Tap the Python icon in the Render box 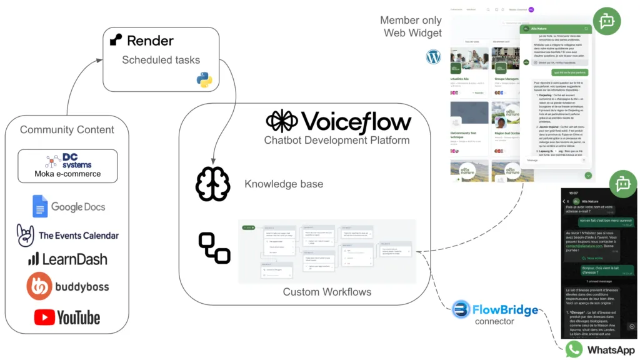pyautogui.click(x=204, y=80)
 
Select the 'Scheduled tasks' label pyautogui.click(x=161, y=61)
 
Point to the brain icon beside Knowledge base pyautogui.click(x=212, y=184)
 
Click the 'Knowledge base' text pyautogui.click(x=284, y=184)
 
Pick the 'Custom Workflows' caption pyautogui.click(x=327, y=292)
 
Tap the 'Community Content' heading pyautogui.click(x=67, y=130)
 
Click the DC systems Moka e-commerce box pyautogui.click(x=67, y=166)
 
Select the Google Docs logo pyautogui.click(x=69, y=207)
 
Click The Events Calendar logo pyautogui.click(x=67, y=235)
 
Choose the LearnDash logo pyautogui.click(x=67, y=259)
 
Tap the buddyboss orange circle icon pyautogui.click(x=39, y=286)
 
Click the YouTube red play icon pyautogui.click(x=44, y=317)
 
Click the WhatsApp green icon pyautogui.click(x=574, y=349)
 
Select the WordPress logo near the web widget pyautogui.click(x=434, y=57)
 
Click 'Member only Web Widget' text pyautogui.click(x=411, y=27)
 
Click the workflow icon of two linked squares pyautogui.click(x=214, y=247)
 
